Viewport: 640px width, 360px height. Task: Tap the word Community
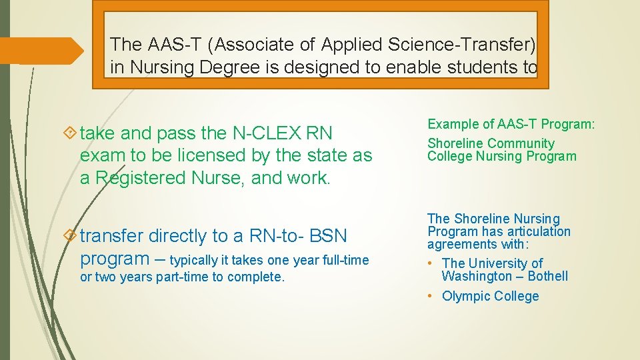[x=521, y=143]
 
